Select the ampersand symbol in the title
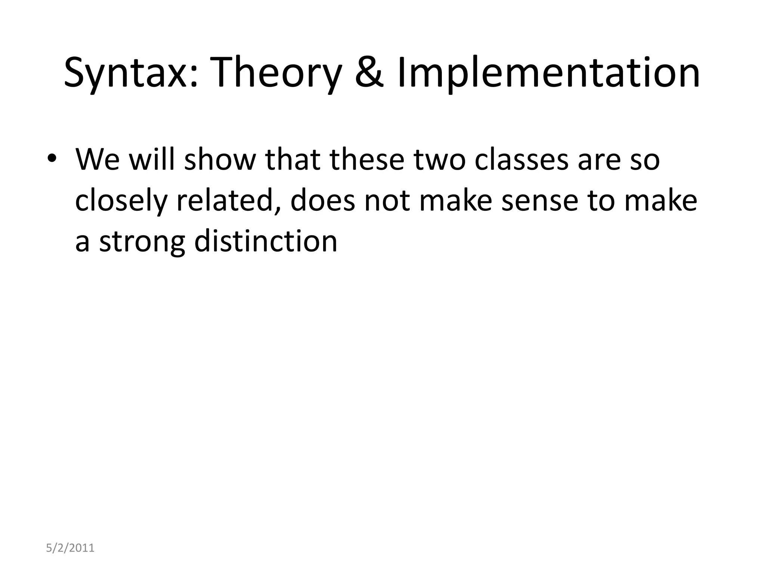369,72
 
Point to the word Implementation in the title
548,73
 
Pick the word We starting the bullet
98,160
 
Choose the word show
220,160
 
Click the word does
323,201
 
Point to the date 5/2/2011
70,548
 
